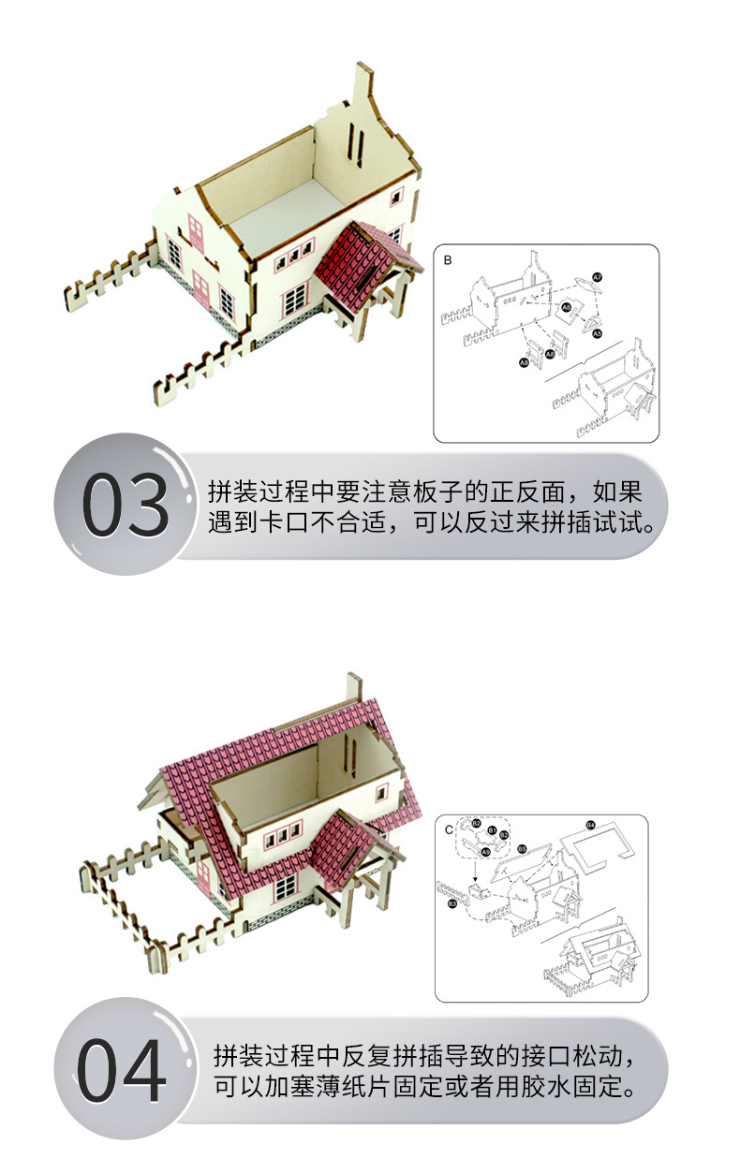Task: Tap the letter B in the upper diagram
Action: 448,260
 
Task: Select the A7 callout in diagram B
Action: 597,277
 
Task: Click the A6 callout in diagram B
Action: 566,306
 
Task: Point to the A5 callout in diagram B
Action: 597,333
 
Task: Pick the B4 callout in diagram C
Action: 590,825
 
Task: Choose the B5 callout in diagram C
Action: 522,849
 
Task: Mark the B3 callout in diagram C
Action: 452,903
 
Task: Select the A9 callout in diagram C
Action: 485,851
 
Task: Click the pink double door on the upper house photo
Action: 196,232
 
